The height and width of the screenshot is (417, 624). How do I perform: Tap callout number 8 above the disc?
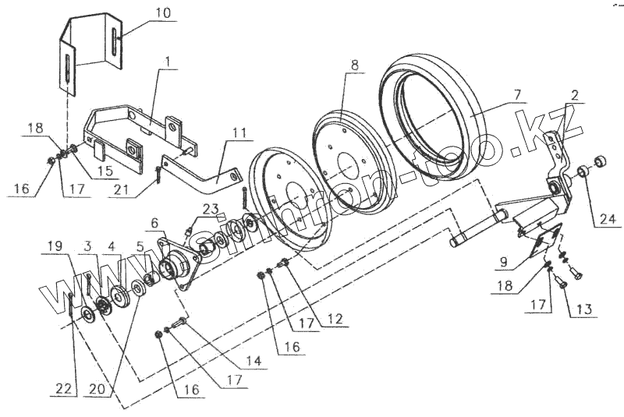pyautogui.click(x=354, y=65)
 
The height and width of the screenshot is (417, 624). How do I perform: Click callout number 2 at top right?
pyautogui.click(x=574, y=96)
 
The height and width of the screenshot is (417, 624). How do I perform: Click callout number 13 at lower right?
pyautogui.click(x=584, y=309)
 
